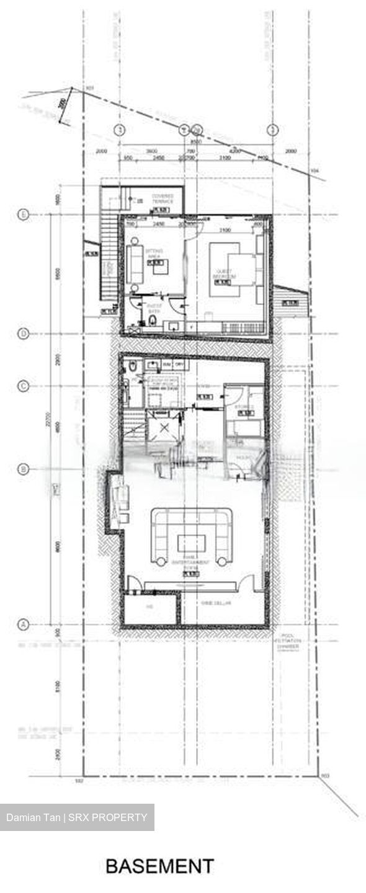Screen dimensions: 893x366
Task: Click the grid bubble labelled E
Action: tap(24, 215)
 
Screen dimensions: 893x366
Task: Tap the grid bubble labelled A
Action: tap(24, 623)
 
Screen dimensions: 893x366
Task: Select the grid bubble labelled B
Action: tap(24, 469)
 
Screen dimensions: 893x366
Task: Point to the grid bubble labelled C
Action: tap(24, 386)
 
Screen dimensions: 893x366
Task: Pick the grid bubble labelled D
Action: tap(24, 334)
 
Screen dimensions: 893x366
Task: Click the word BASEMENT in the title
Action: tap(159, 866)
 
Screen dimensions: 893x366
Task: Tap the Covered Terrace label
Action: tap(163, 200)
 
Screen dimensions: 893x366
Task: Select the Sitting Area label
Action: tap(153, 253)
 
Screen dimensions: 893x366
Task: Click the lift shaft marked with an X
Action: tap(164, 429)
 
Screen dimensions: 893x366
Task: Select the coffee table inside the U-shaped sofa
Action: tap(192, 543)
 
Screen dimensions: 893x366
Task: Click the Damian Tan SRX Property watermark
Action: tap(77, 817)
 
